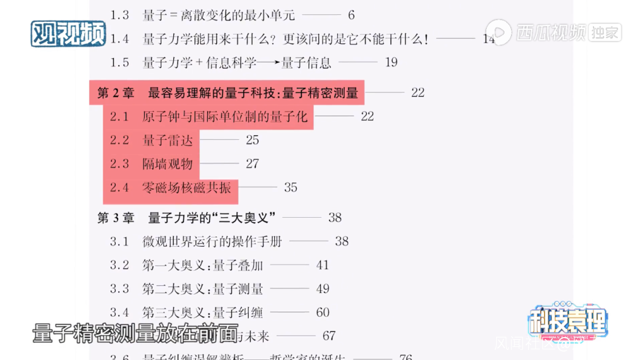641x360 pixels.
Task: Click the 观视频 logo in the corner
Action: tap(68, 34)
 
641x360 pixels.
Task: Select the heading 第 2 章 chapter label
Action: tap(116, 93)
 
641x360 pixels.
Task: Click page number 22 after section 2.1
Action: tap(367, 116)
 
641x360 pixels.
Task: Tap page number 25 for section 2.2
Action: tap(252, 140)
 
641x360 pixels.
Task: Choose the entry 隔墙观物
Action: tap(168, 164)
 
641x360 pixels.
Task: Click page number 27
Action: tap(252, 164)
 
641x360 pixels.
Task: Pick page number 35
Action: tap(290, 187)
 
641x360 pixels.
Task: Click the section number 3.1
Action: tap(119, 241)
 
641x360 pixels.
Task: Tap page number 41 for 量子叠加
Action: tap(322, 265)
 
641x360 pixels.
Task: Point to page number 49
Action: tap(322, 289)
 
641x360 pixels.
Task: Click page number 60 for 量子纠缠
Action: tap(322, 313)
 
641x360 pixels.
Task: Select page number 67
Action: tap(329, 336)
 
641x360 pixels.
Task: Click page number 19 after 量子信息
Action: tap(391, 62)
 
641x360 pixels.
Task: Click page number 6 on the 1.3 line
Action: tap(351, 15)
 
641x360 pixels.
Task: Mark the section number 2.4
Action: tap(119, 187)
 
